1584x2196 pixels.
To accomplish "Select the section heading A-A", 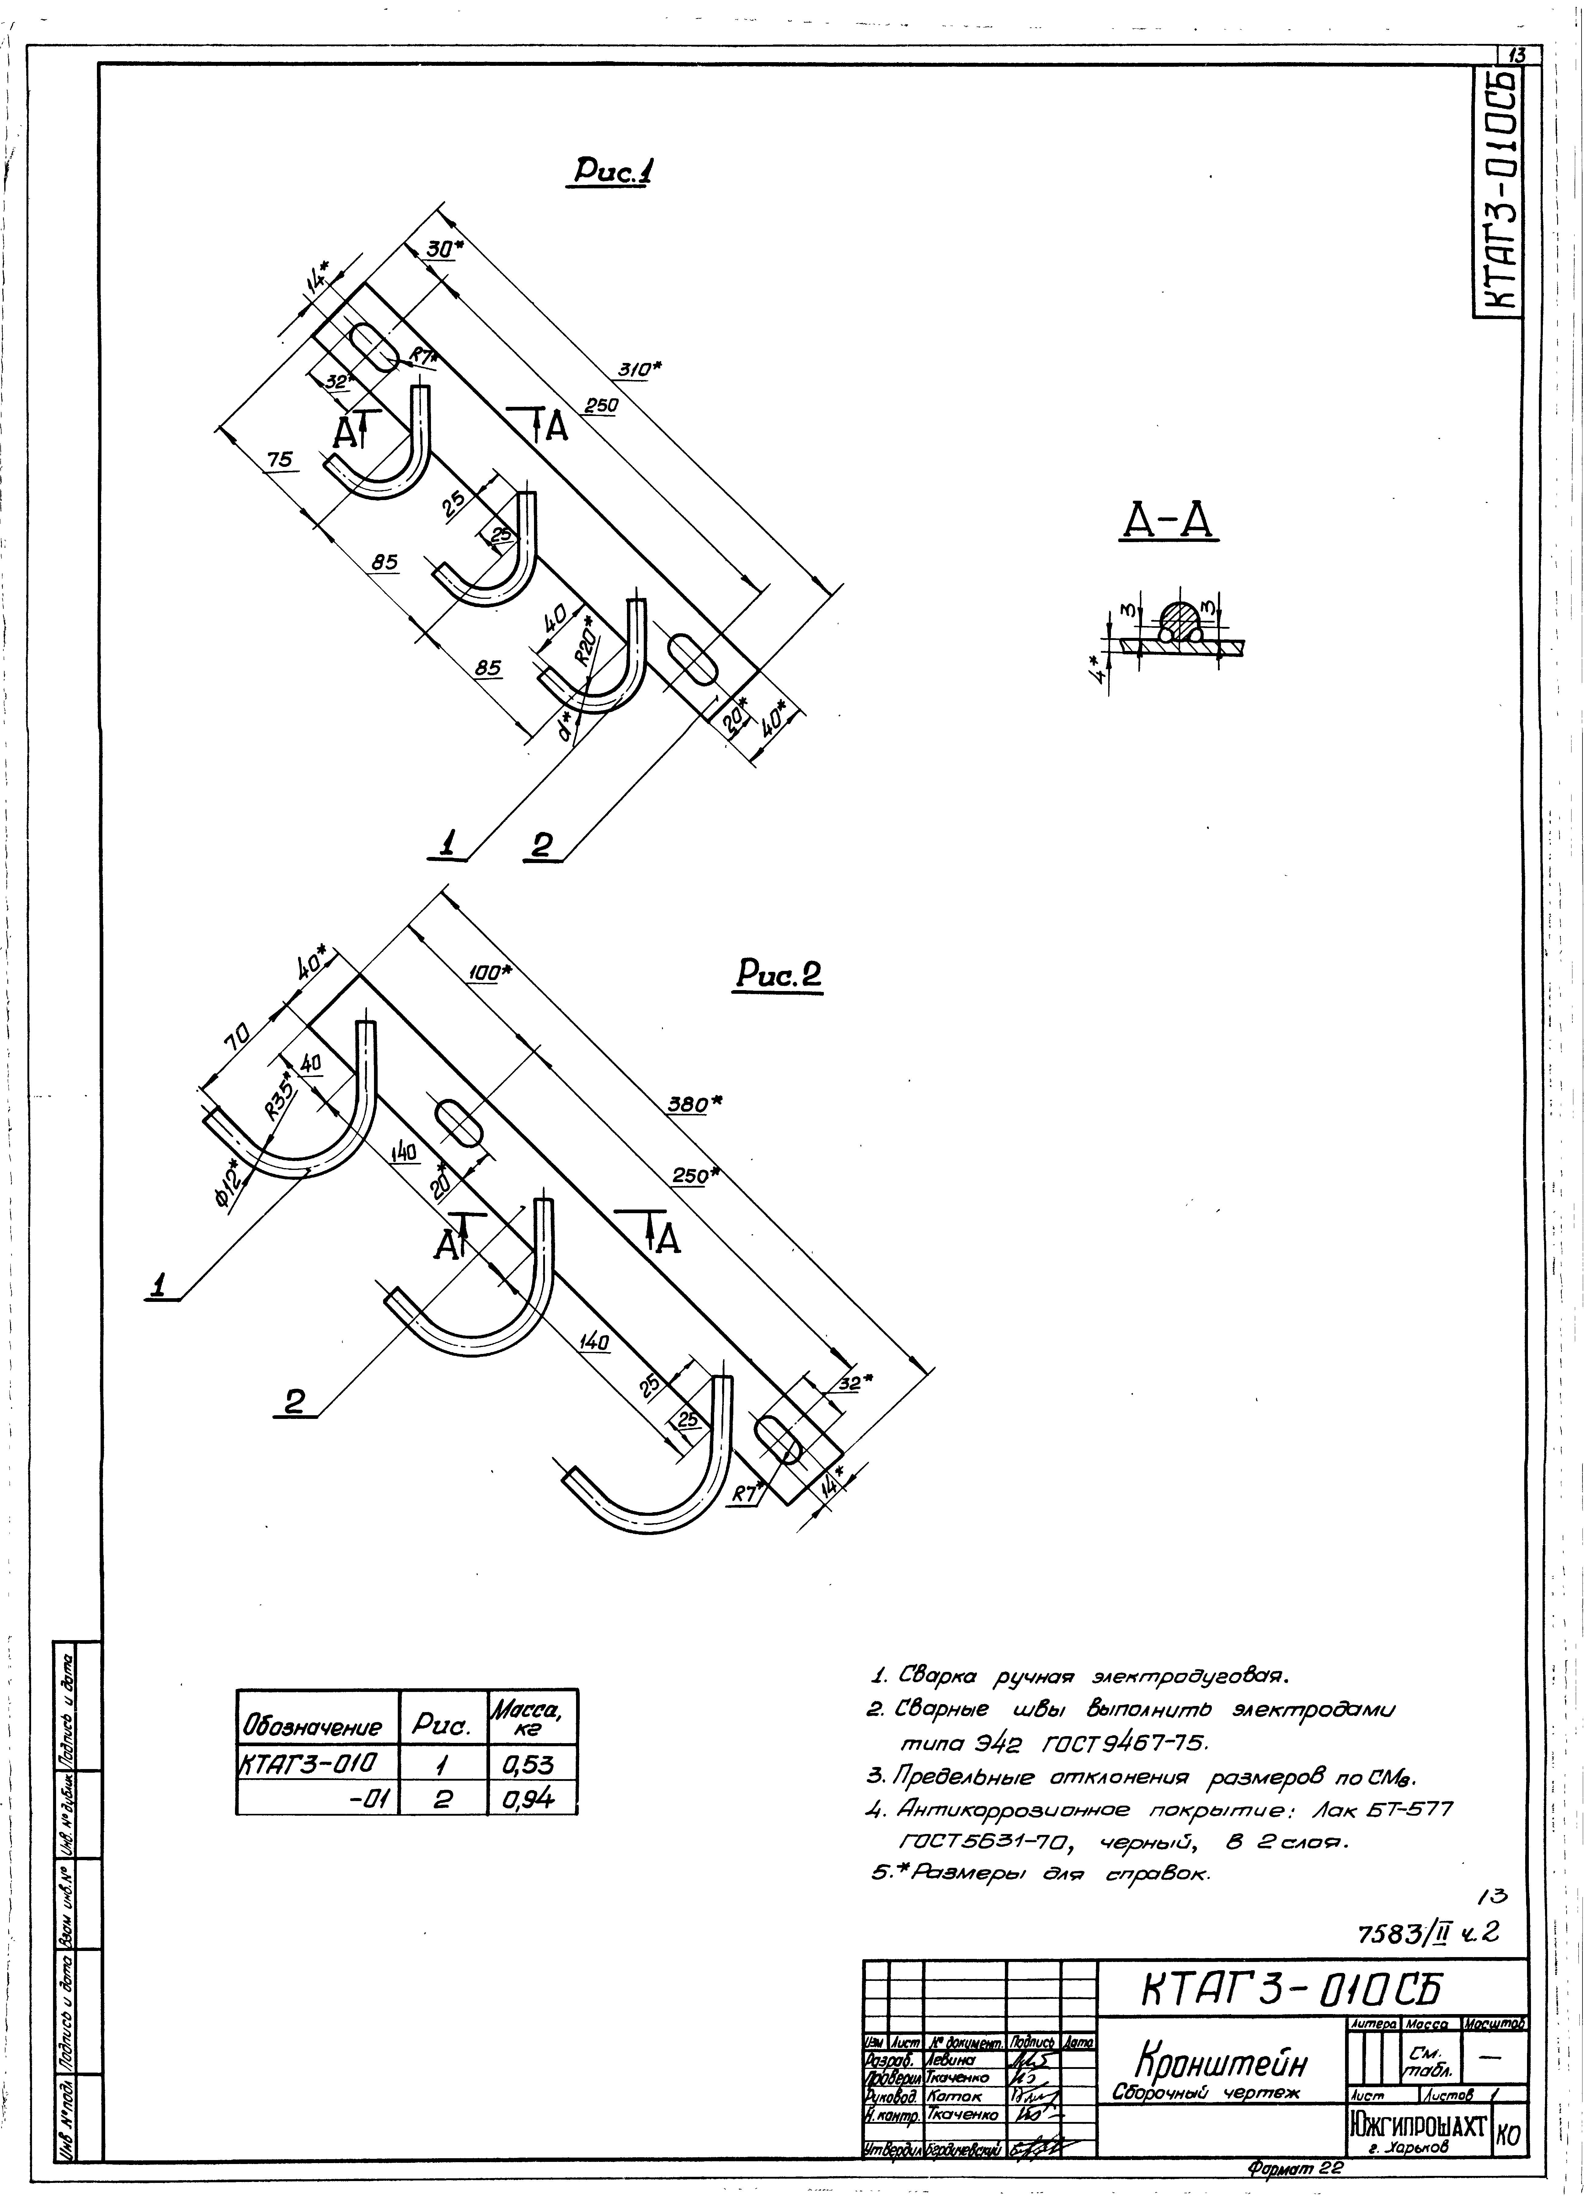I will tap(1169, 524).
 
